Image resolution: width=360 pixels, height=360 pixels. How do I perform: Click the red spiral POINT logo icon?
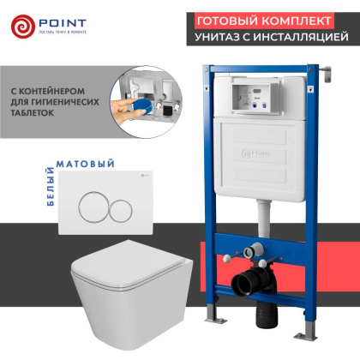26,27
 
